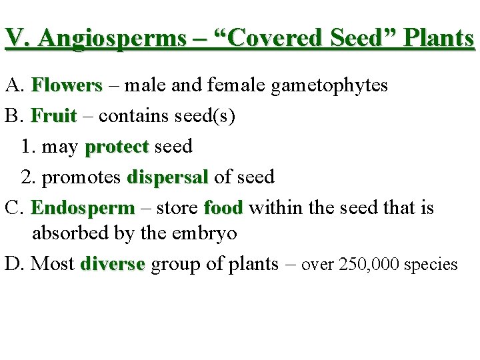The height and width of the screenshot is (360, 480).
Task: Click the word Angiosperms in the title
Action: pos(112,39)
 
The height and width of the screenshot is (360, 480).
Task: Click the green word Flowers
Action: pos(67,85)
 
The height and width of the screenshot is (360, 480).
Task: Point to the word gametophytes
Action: pos(329,86)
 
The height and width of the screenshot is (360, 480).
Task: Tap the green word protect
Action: pos(117,146)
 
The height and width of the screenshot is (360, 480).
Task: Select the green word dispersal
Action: pos(167,177)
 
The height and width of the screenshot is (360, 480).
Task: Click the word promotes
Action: pos(80,177)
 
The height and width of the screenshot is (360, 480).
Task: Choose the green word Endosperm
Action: pos(83,207)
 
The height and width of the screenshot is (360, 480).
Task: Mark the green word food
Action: pos(223,207)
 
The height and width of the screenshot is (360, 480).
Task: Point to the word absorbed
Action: pos(63,233)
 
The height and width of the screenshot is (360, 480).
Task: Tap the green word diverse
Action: pos(112,264)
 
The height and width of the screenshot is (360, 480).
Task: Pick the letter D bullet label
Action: pos(12,264)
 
